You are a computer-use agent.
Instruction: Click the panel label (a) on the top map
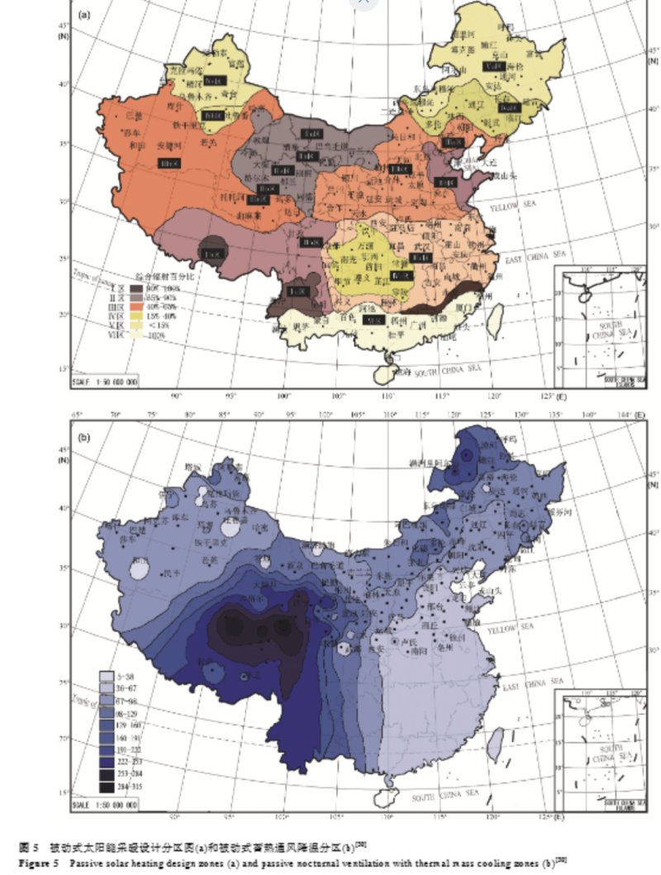83,15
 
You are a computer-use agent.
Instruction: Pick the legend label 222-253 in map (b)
131,761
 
